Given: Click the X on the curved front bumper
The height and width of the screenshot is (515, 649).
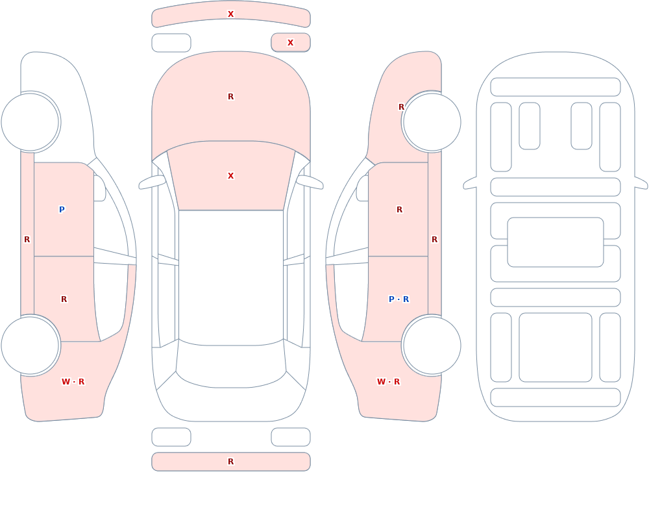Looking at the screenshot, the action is pos(230,14).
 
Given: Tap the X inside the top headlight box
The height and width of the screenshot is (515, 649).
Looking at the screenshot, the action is pos(290,43).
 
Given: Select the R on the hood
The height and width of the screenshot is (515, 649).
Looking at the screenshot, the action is pos(230,97).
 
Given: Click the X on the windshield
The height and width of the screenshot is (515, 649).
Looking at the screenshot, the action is pos(230,176).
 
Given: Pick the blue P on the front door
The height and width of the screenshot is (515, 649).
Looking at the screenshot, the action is pos(62,209).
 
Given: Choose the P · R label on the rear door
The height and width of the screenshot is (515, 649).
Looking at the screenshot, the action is pos(398,299).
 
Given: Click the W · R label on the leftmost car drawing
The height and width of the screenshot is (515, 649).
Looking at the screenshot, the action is pos(73,382).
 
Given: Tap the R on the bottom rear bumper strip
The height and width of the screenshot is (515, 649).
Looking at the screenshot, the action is pos(230,462).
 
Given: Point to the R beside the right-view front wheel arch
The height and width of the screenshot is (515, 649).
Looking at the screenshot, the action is pos(401,107).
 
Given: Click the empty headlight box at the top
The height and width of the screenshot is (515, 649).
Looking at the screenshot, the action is pos(171,43).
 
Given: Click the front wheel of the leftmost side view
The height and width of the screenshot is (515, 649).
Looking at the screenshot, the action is pos(31,122).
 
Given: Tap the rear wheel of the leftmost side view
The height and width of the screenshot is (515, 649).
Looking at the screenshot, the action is pos(31,345).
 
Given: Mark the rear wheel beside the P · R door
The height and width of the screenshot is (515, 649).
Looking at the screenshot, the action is pos(432,345).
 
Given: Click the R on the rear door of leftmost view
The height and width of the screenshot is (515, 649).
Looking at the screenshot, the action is pos(64,299).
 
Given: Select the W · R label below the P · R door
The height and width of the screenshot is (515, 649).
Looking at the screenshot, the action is pos(388,382).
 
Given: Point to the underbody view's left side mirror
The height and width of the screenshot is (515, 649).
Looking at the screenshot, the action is pos(470,183).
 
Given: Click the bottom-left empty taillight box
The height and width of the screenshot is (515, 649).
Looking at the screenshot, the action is pos(171,437).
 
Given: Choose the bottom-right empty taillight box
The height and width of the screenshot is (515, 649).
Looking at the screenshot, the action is pos(291,437).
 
